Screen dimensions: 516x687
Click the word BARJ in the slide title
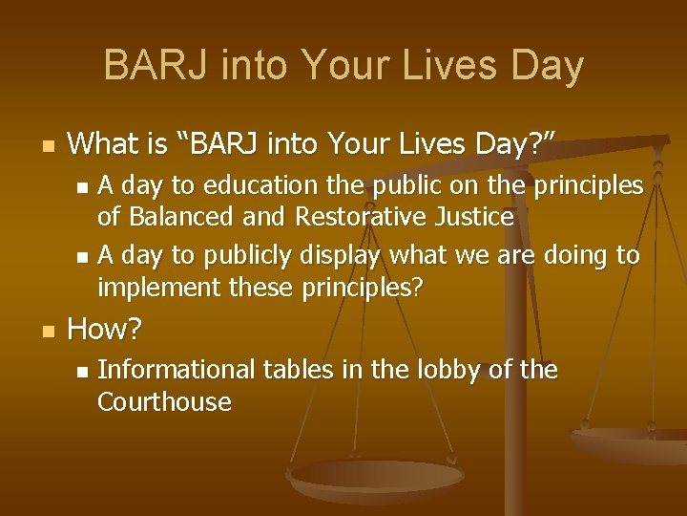click(x=158, y=66)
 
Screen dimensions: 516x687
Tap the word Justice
click(x=469, y=217)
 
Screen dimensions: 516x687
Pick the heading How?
click(x=105, y=331)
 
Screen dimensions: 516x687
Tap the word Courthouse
click(x=164, y=401)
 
